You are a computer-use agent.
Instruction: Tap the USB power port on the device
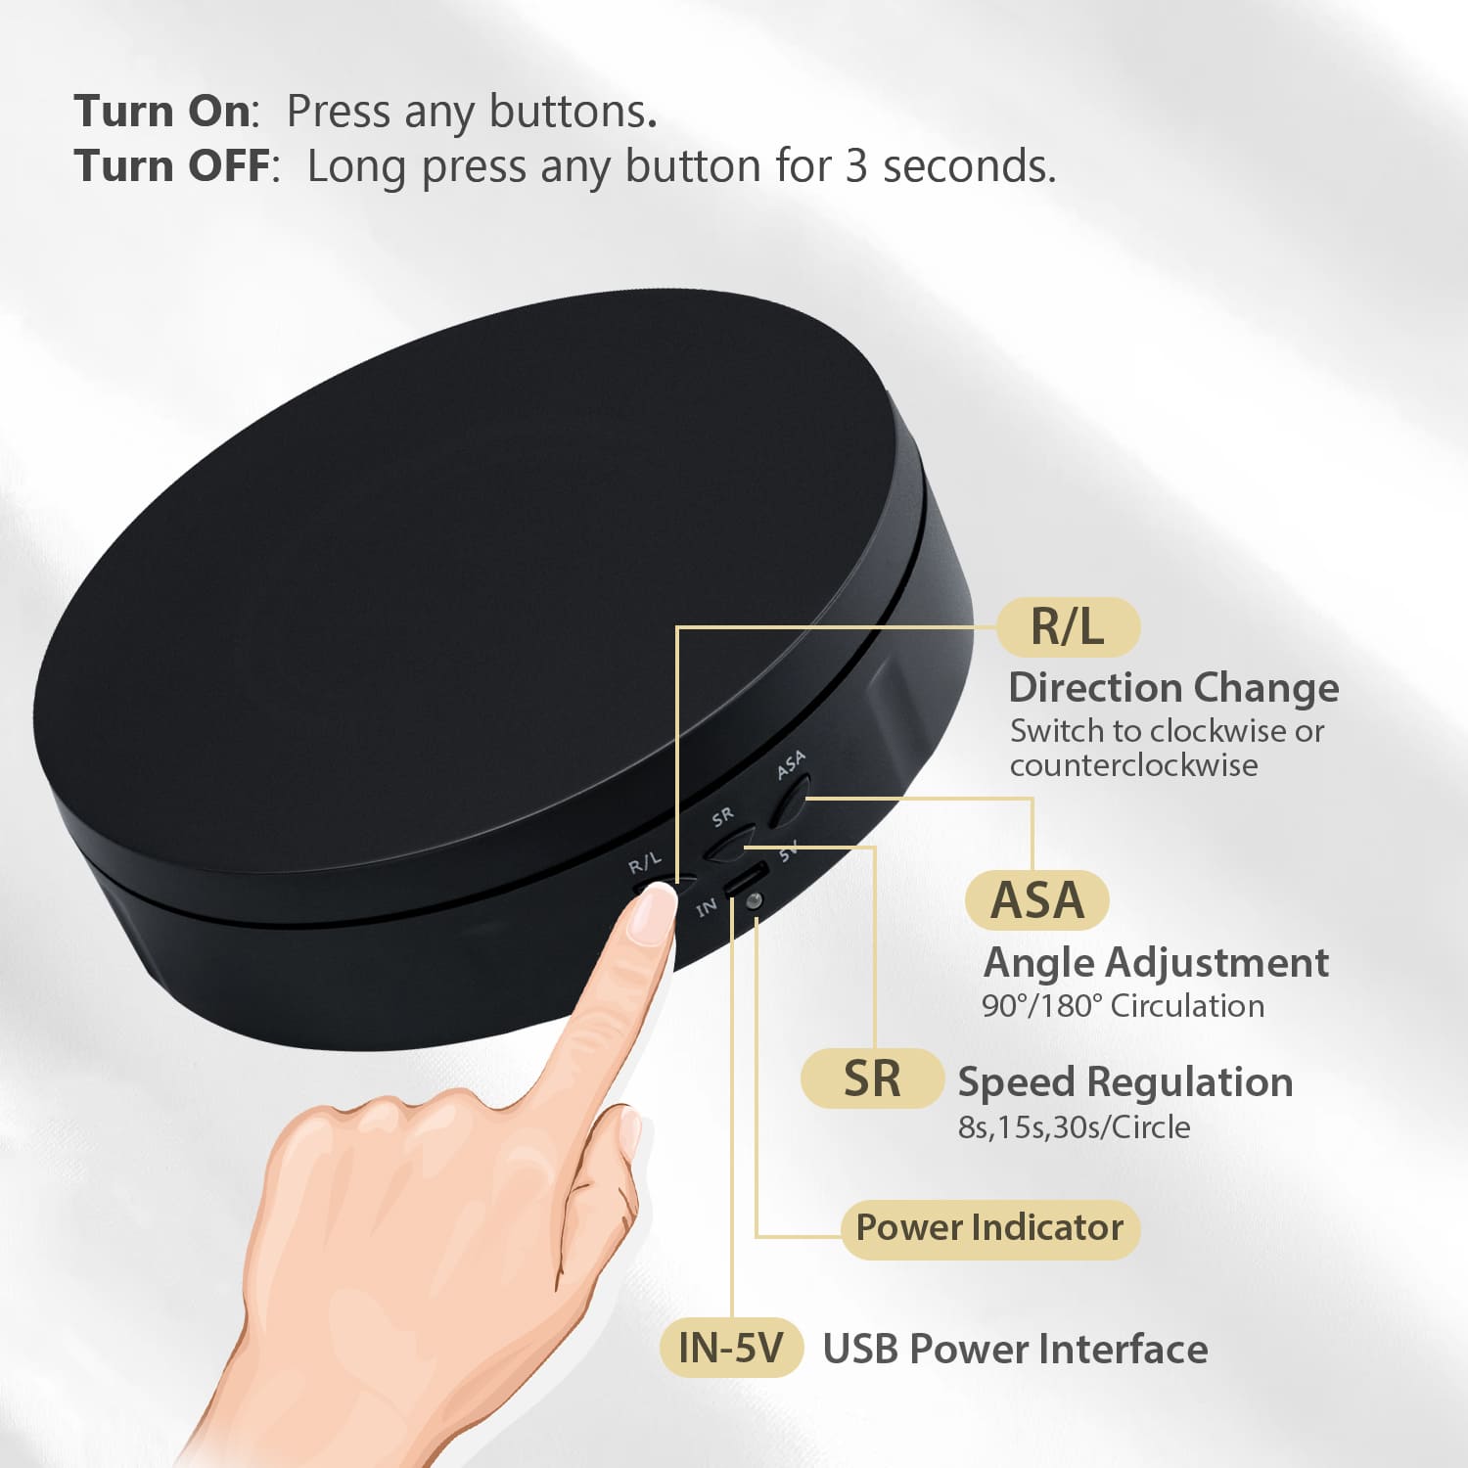click(746, 878)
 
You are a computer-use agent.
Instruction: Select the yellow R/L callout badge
click(1069, 626)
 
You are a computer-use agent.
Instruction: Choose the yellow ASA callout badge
click(1037, 900)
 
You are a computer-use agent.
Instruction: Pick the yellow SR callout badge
click(872, 1078)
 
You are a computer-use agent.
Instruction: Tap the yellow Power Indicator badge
click(990, 1228)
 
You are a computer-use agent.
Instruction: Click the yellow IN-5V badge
click(731, 1348)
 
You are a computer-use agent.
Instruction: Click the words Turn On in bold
click(162, 112)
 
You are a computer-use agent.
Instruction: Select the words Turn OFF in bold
click(171, 165)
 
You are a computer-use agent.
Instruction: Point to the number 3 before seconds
click(856, 166)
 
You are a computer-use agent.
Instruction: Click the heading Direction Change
click(1173, 688)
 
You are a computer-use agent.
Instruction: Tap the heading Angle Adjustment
click(1156, 963)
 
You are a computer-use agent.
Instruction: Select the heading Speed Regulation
click(1125, 1082)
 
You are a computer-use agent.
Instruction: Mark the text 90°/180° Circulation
click(1123, 1006)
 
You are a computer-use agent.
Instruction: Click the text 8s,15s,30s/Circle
click(1074, 1127)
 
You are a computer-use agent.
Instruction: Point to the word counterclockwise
click(1134, 765)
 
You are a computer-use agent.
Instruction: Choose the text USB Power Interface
click(1015, 1349)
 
